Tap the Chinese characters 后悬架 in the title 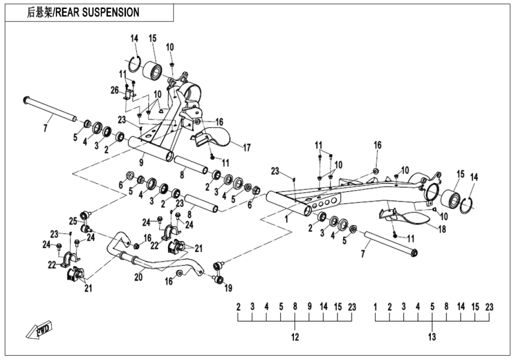[40, 12]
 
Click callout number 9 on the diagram [141, 161]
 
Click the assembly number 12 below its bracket [295, 337]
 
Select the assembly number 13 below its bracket [431, 337]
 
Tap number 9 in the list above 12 [310, 307]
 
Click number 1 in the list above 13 [376, 307]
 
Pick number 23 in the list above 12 [352, 307]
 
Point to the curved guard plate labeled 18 [409, 216]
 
